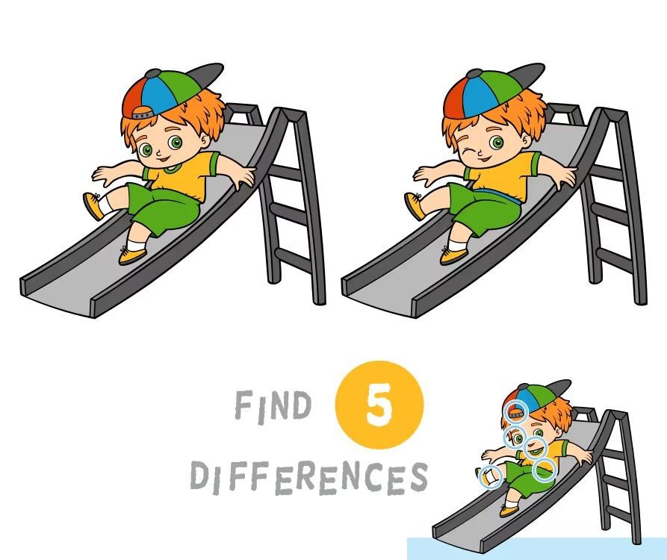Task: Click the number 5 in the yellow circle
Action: (378, 405)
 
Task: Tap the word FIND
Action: (273, 405)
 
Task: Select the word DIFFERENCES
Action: (308, 477)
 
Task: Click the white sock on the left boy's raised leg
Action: (105, 204)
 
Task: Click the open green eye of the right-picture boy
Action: (496, 143)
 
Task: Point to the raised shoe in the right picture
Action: (414, 206)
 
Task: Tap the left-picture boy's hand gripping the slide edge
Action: (241, 176)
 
